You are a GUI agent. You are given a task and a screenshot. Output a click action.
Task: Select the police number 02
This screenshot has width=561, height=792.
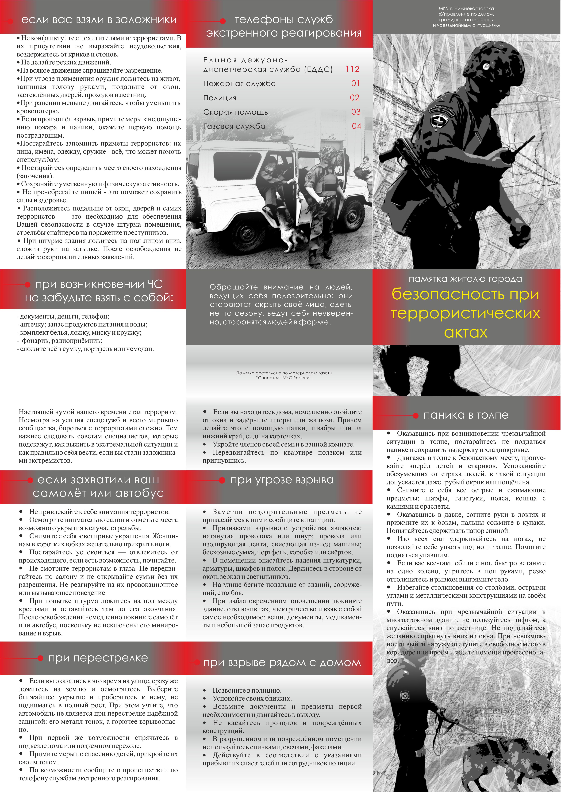(355, 98)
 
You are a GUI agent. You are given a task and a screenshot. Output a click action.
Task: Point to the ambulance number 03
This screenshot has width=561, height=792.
(356, 112)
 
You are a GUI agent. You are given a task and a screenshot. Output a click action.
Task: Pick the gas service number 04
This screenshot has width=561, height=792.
(357, 126)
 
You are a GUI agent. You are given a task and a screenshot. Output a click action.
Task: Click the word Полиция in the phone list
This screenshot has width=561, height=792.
(220, 98)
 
